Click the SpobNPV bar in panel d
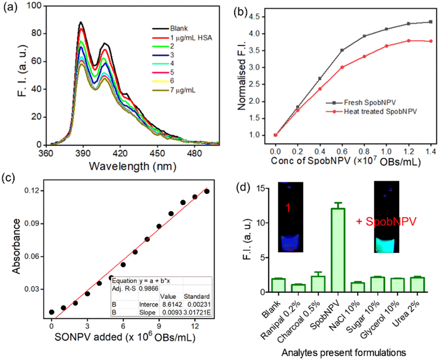(338, 250)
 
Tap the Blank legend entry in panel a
(170, 29)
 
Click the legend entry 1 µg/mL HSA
(182, 38)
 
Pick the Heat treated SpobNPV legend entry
(371, 112)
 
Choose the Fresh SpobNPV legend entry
(361, 103)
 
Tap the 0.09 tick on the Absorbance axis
(31, 224)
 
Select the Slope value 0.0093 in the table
(171, 312)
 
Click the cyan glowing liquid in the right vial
(386, 245)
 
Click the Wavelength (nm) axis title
(132, 166)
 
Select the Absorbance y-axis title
(17, 246)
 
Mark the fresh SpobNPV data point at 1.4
(430, 22)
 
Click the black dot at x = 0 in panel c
(52, 312)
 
